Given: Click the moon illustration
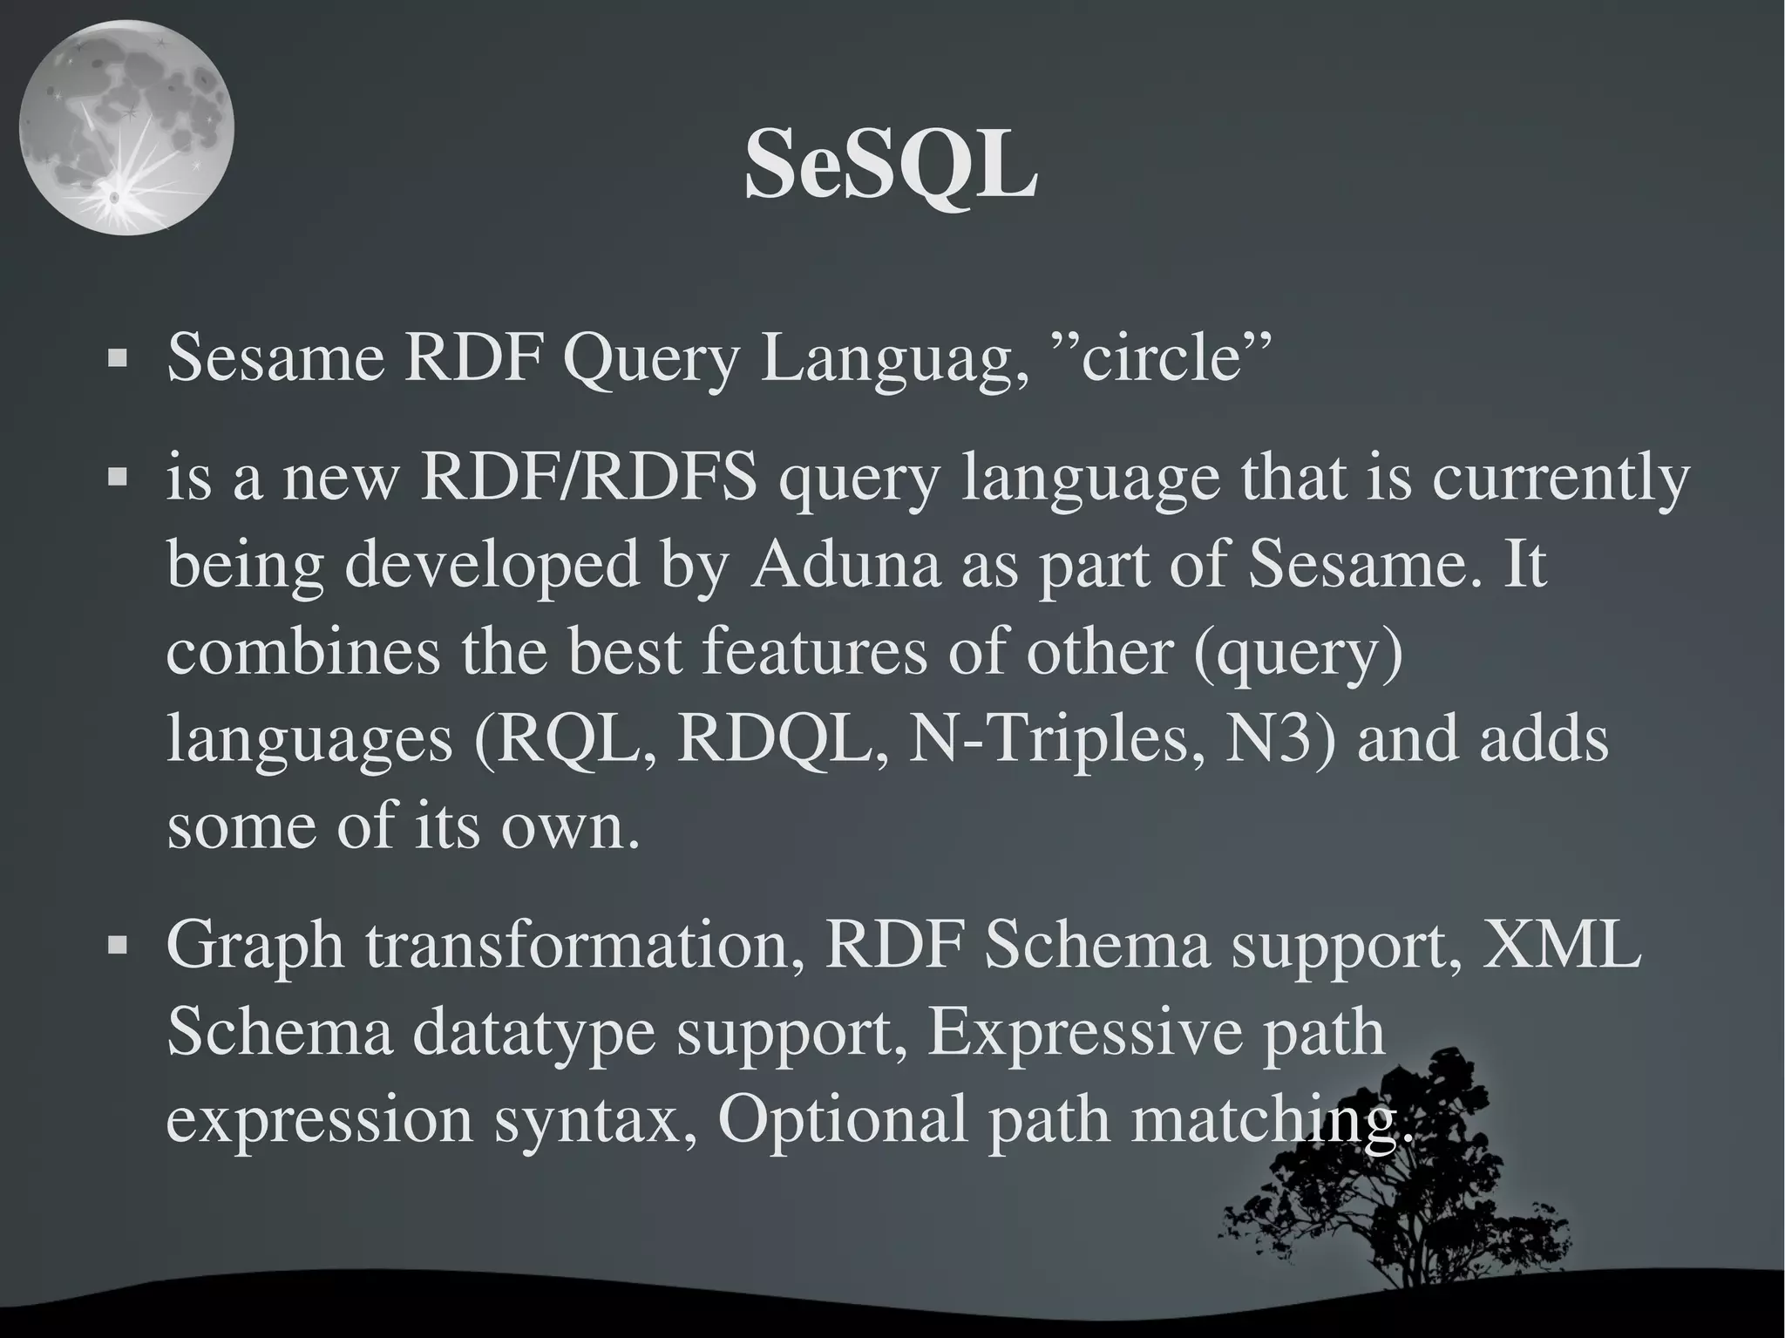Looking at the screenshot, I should [x=126, y=128].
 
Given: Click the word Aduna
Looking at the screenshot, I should [x=845, y=565].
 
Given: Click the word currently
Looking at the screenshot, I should [x=1559, y=479].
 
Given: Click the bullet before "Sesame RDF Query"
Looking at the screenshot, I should [x=116, y=358].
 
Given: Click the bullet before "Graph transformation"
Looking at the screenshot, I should [x=116, y=945].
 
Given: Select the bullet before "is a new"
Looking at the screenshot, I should [x=116, y=478].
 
